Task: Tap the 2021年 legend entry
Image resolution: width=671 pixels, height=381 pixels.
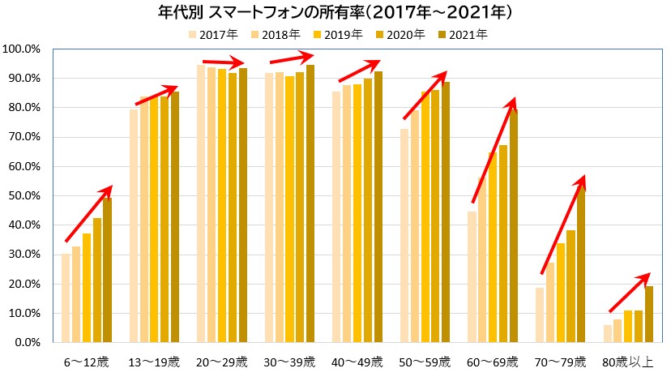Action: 465,34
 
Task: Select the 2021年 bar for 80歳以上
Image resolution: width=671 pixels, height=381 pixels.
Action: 648,314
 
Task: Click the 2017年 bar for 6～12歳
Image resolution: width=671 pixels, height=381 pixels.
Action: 66,298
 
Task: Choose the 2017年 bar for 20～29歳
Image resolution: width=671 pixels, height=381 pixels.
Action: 201,203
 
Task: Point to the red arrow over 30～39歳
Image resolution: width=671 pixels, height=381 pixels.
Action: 292,58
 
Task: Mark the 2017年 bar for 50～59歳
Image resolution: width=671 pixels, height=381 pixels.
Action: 404,235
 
